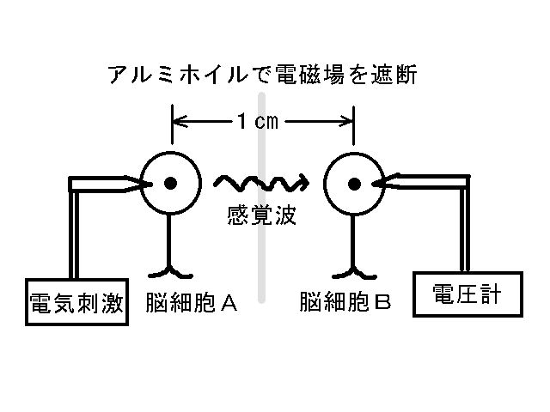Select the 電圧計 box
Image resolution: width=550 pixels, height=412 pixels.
point(467,296)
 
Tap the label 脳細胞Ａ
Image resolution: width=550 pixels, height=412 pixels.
point(192,302)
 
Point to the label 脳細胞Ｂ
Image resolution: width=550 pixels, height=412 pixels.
point(345,302)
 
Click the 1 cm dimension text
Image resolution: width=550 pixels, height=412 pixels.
point(257,121)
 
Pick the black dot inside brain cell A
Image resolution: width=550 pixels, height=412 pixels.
point(172,182)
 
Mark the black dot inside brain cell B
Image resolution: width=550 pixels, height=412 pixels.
point(354,182)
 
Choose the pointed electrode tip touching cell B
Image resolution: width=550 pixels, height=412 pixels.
point(381,182)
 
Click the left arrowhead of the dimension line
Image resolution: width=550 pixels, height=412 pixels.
point(179,121)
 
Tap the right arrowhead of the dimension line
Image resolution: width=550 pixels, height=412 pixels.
point(348,121)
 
